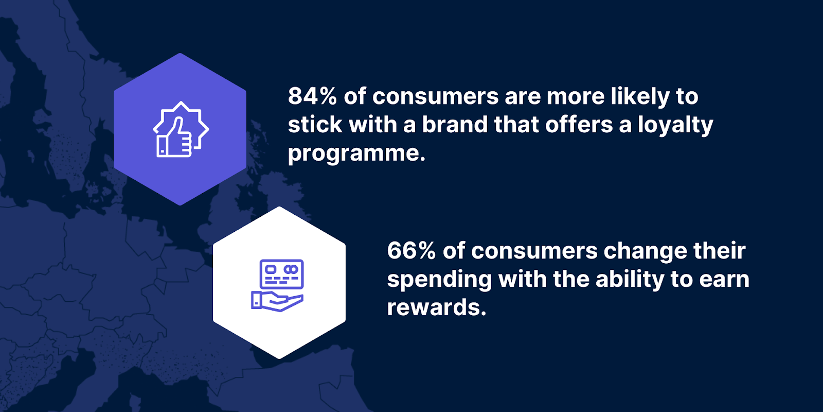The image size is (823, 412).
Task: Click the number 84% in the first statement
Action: (312, 96)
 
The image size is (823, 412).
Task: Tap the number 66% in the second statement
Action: (411, 251)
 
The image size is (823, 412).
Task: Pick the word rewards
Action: (436, 307)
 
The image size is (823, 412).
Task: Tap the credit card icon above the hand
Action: (282, 274)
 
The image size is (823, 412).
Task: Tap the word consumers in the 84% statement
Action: (435, 97)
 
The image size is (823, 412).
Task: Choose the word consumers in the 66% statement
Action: (534, 251)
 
